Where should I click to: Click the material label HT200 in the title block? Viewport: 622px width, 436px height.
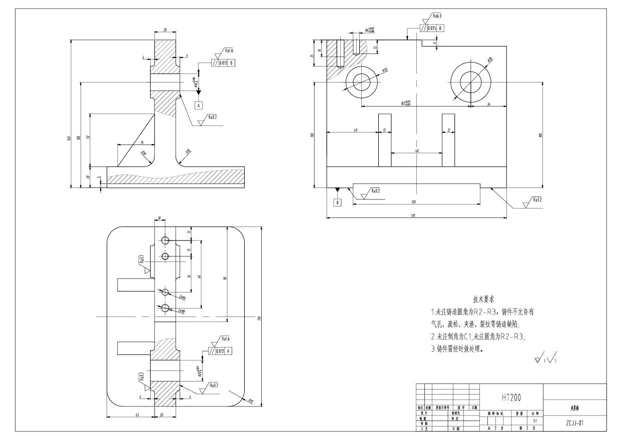(511, 397)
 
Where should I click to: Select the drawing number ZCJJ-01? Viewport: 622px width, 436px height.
(574, 422)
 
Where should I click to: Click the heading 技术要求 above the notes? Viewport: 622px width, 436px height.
(483, 299)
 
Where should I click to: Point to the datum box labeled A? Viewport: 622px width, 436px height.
(199, 105)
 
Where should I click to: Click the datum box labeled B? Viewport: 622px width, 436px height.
(338, 202)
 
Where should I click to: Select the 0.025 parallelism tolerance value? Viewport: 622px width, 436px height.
(432, 28)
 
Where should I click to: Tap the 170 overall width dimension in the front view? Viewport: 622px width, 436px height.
(413, 216)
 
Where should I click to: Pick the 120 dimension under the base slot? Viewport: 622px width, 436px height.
(414, 202)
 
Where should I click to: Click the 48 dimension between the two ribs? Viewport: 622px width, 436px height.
(416, 150)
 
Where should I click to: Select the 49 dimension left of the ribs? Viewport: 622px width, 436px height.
(355, 130)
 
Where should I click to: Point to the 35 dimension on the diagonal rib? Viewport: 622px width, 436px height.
(128, 142)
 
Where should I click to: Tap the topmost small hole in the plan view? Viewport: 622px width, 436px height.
(165, 240)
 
